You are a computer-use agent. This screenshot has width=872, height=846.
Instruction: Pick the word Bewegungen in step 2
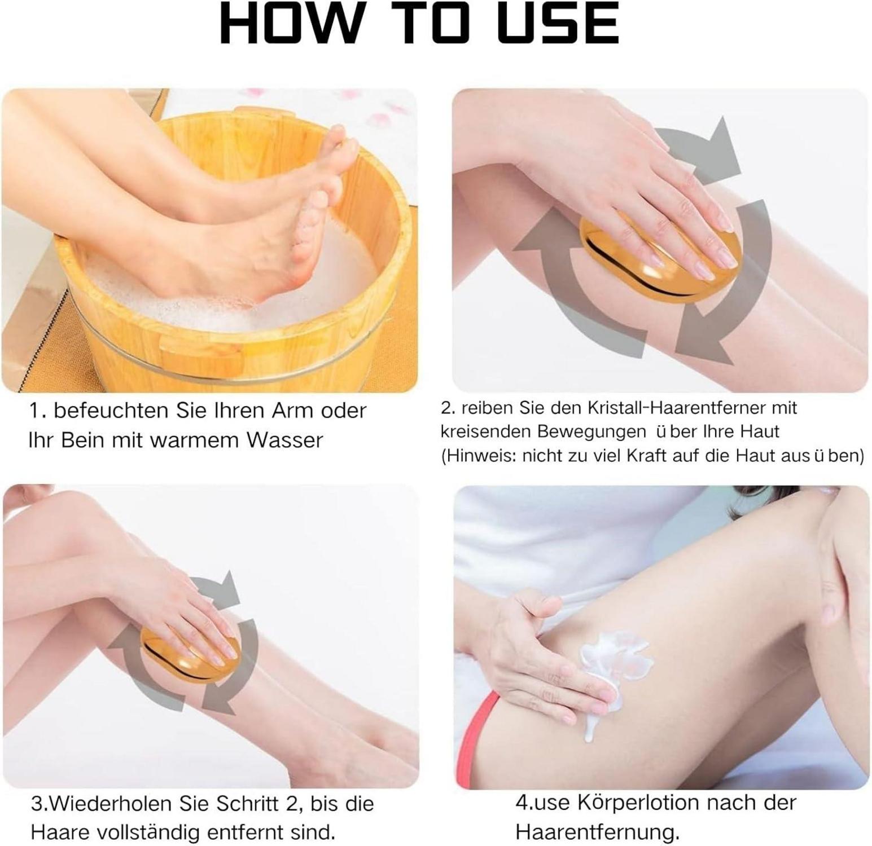591,431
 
